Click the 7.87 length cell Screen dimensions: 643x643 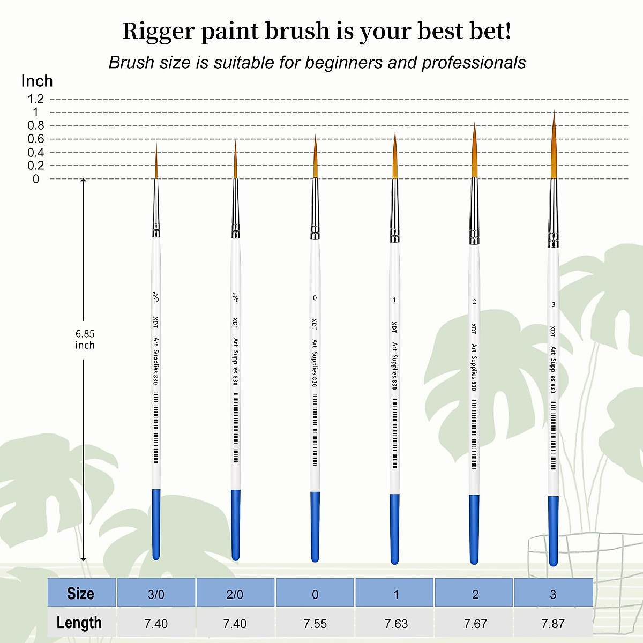(x=553, y=623)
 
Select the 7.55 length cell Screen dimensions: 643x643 (x=315, y=623)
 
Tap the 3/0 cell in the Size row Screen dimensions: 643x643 (x=156, y=594)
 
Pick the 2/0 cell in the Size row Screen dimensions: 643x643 (x=235, y=594)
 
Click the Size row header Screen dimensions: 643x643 (x=81, y=594)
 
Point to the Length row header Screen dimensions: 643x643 (x=79, y=623)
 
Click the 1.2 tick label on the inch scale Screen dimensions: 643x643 (x=36, y=99)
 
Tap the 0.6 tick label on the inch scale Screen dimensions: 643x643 (x=36, y=139)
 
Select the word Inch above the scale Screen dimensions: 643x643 (x=37, y=81)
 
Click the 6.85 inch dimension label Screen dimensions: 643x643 (x=85, y=339)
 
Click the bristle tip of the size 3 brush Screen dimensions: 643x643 (x=554, y=111)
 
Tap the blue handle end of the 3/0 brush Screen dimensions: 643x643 (x=156, y=524)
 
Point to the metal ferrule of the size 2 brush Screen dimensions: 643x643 (x=474, y=211)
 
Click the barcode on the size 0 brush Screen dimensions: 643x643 (x=315, y=430)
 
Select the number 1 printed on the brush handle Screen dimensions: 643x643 (x=394, y=300)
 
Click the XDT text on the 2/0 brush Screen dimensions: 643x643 (x=235, y=323)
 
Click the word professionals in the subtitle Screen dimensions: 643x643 (x=474, y=62)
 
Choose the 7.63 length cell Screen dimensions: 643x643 (x=396, y=623)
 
